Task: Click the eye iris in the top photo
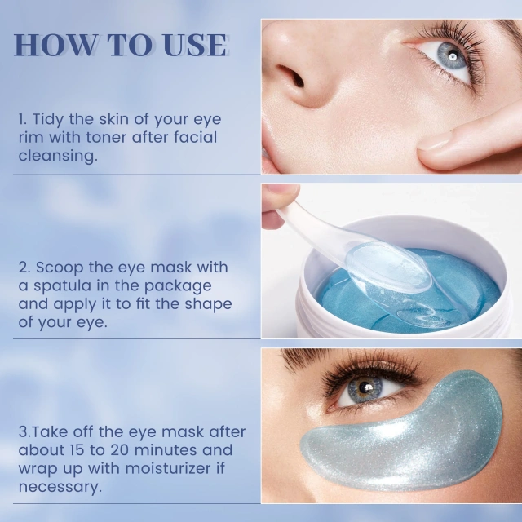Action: click(450, 58)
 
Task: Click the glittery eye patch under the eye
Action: click(408, 440)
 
